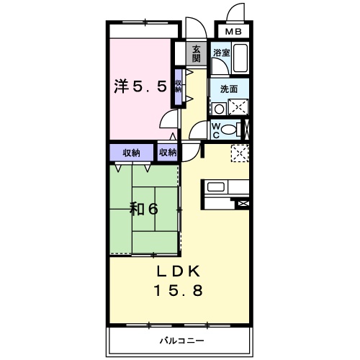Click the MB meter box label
(233, 32)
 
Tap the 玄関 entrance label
(196, 54)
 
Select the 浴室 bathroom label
(222, 53)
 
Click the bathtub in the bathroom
(240, 58)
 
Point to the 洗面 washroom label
(229, 89)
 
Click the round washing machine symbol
(219, 109)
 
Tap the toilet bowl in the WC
(229, 130)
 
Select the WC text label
(216, 131)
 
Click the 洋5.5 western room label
(140, 86)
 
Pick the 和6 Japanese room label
(144, 209)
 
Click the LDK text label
(178, 271)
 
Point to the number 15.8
(179, 290)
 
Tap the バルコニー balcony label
(182, 341)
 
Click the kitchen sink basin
(216, 187)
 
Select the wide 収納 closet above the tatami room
(132, 153)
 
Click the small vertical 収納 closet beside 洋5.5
(178, 87)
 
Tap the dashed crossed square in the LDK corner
(240, 153)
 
